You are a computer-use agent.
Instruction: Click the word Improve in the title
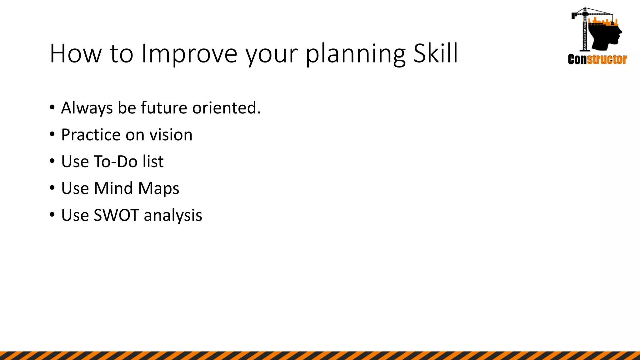189,54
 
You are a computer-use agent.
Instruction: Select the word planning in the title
355,54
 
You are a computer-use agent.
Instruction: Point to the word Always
87,108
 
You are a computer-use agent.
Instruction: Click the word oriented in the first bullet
226,108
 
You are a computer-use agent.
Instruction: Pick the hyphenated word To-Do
116,162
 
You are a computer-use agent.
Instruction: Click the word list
153,162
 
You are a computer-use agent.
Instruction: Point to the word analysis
173,215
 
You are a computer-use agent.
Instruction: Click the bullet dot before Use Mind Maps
52,188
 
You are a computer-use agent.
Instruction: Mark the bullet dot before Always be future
52,107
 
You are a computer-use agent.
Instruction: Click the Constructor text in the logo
597,59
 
